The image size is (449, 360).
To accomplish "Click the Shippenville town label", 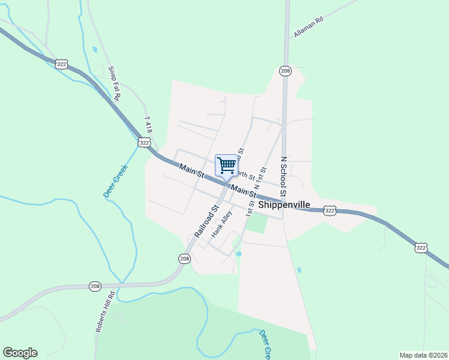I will (x=284, y=205).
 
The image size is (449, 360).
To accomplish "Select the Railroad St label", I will (x=205, y=221).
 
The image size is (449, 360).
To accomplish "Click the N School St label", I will (x=284, y=177).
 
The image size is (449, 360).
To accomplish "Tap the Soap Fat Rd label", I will (x=115, y=83).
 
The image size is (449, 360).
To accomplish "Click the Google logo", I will (x=20, y=353).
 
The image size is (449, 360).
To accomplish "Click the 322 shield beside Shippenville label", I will (x=329, y=211).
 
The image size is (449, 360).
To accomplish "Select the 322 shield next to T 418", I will (x=143, y=142).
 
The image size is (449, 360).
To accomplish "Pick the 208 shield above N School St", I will (x=285, y=71).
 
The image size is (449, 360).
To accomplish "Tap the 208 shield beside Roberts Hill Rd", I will (x=95, y=286).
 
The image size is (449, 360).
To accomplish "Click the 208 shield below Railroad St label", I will (x=184, y=258).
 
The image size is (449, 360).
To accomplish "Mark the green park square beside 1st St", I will (x=258, y=223).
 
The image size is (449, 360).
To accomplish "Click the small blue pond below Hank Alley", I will (x=238, y=254).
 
